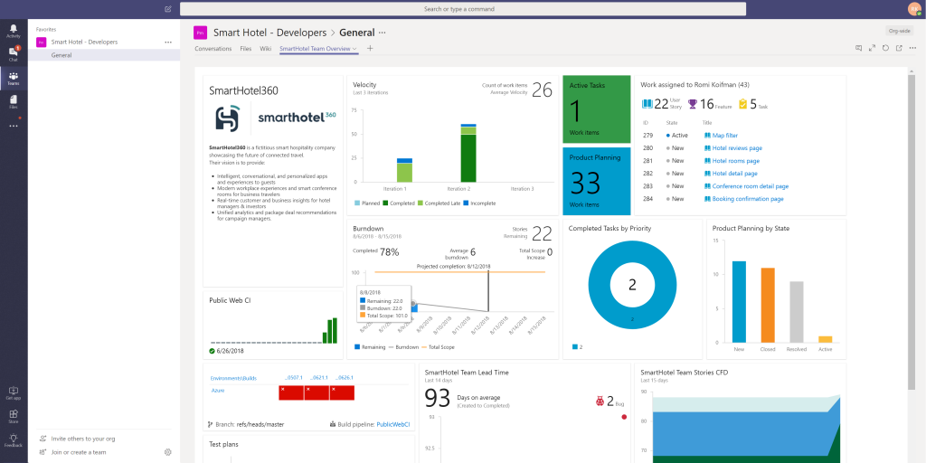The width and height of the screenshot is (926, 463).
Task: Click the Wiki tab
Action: [265, 49]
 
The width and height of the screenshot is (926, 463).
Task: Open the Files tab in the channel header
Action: [246, 49]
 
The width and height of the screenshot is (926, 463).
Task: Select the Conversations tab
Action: [213, 49]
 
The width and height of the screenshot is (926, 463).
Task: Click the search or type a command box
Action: [461, 9]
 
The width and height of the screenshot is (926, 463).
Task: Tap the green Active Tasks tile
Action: [596, 109]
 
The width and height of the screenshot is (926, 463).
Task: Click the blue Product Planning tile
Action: [596, 181]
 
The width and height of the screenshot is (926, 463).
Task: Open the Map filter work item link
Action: [719, 135]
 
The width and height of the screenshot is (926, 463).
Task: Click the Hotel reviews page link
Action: [737, 147]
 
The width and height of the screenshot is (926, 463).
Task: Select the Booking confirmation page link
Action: [748, 198]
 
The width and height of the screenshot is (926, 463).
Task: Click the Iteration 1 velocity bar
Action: [404, 170]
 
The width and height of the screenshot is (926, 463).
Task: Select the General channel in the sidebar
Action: [61, 55]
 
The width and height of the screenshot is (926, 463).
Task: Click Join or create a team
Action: [79, 452]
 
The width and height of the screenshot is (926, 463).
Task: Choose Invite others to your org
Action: [82, 439]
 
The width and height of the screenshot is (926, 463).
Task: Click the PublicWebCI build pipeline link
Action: [392, 424]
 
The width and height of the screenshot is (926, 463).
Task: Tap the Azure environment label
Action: [217, 391]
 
